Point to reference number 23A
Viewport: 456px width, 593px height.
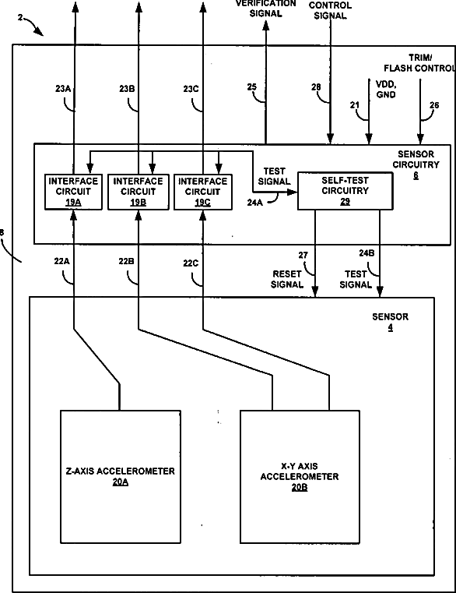pos(63,89)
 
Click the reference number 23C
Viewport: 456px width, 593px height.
pos(191,89)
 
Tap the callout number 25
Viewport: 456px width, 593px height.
pos(252,87)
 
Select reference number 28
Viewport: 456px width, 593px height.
pos(316,87)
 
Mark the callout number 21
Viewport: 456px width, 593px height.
pos(354,104)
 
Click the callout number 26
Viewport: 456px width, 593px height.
pos(434,104)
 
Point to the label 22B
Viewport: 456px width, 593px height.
pos(127,261)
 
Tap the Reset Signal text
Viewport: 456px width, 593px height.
pos(287,279)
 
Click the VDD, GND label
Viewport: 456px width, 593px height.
pos(386,90)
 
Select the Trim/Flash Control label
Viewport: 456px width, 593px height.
pos(419,63)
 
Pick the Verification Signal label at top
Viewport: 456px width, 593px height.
pos(266,9)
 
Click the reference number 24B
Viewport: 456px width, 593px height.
pos(367,253)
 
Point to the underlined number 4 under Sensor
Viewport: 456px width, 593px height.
pos(391,327)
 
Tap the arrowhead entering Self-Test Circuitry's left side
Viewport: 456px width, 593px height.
pos(293,192)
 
